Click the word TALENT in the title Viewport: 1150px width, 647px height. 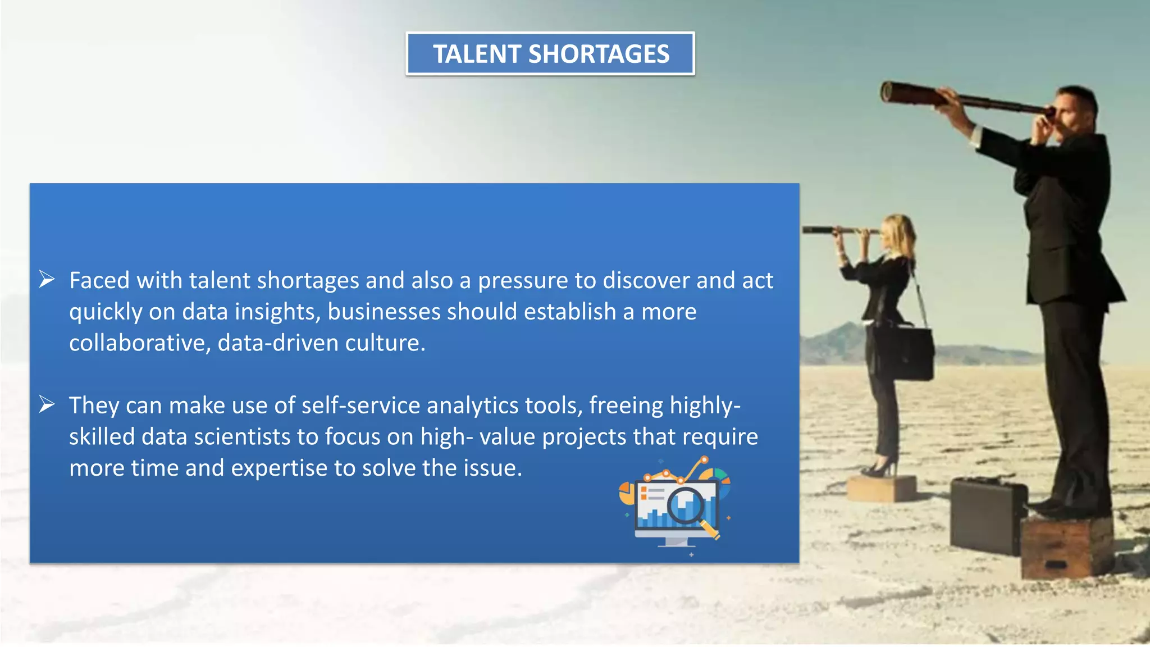[x=477, y=54]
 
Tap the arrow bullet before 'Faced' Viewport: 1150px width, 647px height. [x=47, y=279]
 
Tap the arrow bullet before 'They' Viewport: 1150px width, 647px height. [x=47, y=404]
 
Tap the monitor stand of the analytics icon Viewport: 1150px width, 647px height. [x=676, y=542]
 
